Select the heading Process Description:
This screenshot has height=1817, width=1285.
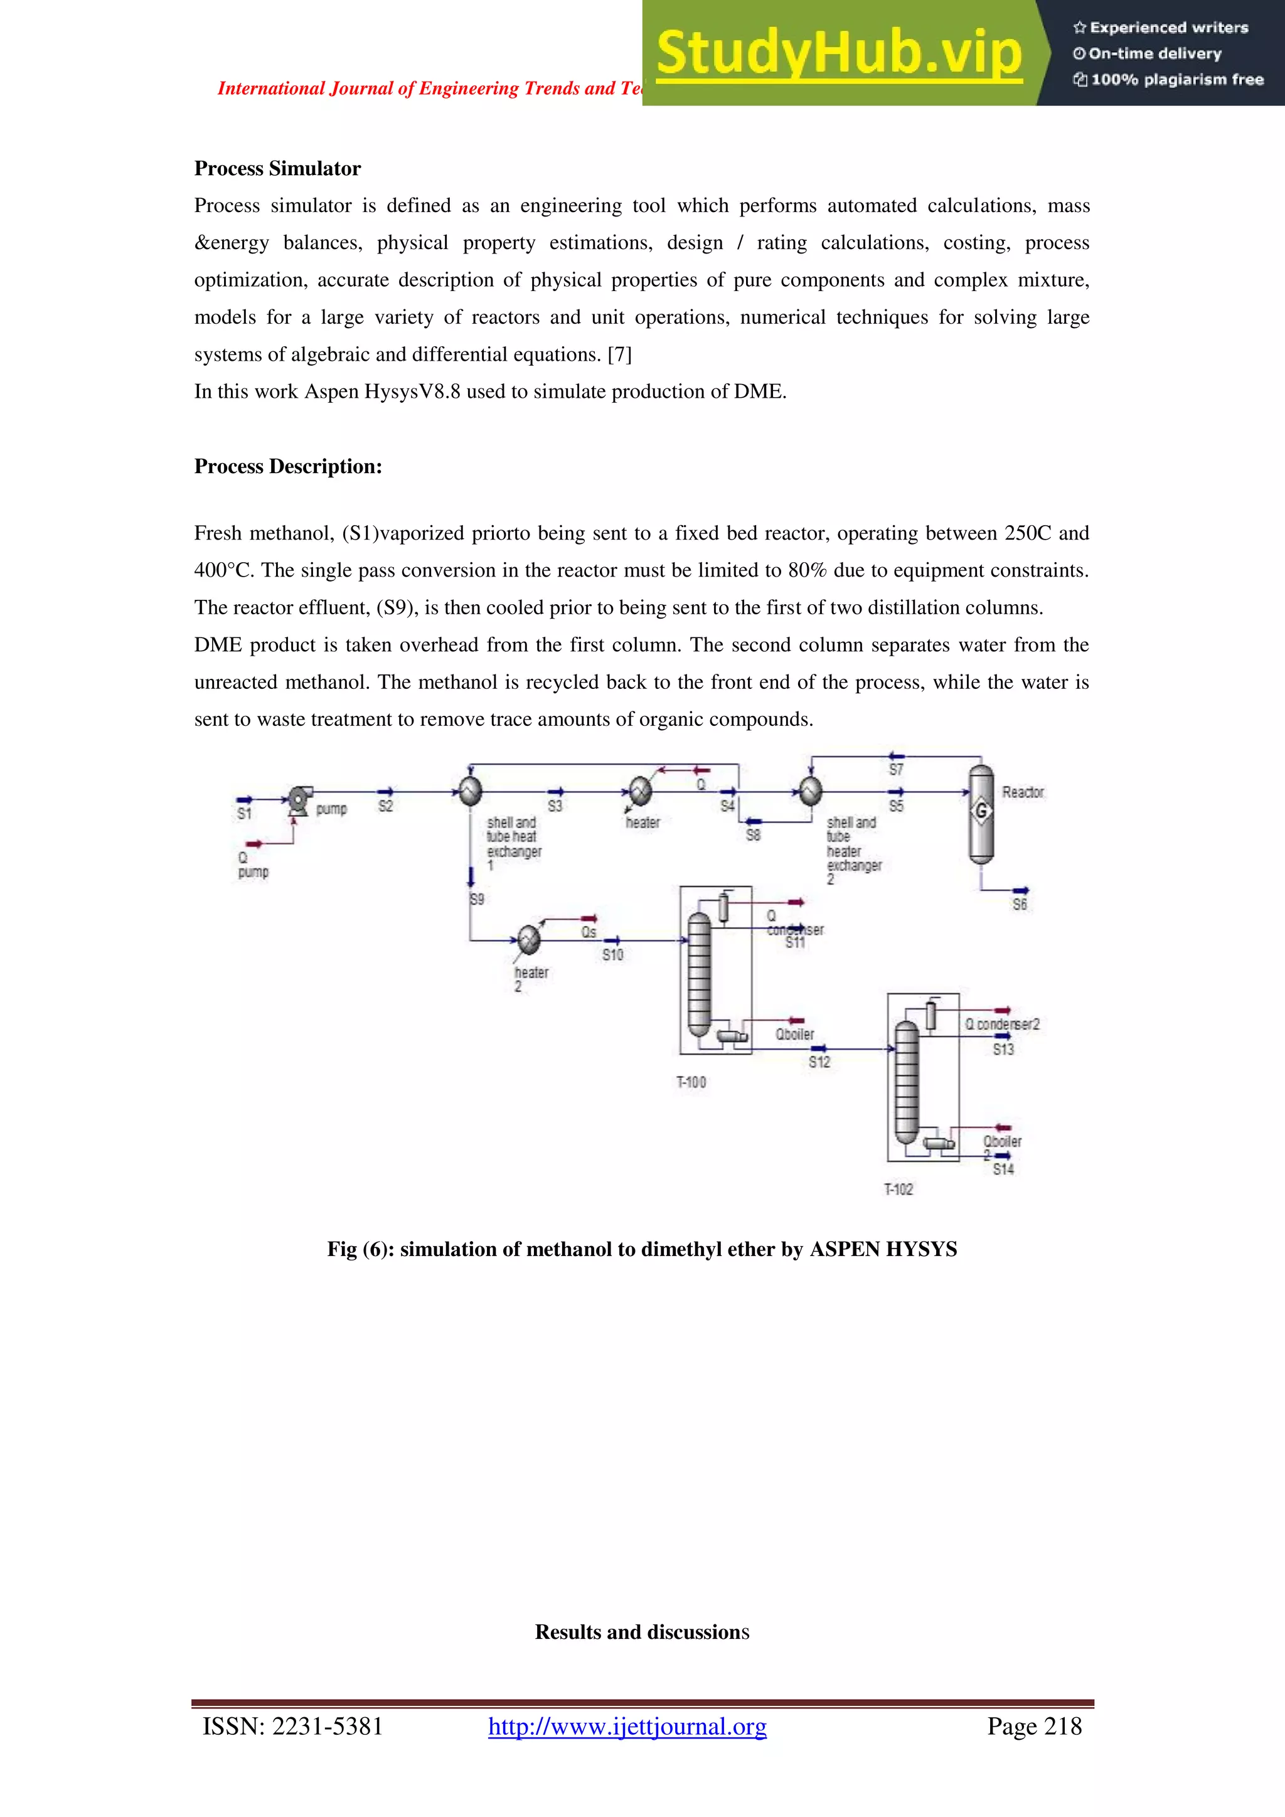[288, 466]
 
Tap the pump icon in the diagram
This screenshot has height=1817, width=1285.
[299, 800]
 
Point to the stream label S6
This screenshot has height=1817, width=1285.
[1020, 905]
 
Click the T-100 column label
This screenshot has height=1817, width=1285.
[691, 1082]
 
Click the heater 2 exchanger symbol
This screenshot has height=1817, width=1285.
[528, 939]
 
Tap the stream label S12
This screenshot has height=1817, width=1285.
[819, 1062]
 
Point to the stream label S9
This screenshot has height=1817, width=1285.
[476, 899]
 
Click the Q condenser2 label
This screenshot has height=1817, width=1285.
[1002, 1024]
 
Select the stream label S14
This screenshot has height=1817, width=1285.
[1003, 1169]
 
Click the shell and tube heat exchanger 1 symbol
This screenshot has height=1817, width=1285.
[471, 791]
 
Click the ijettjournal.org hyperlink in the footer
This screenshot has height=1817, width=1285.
[627, 1726]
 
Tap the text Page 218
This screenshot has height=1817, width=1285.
[1033, 1726]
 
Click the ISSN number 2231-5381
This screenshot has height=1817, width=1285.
[328, 1726]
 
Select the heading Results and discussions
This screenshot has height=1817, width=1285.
[642, 1632]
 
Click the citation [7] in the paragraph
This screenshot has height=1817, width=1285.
[619, 354]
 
